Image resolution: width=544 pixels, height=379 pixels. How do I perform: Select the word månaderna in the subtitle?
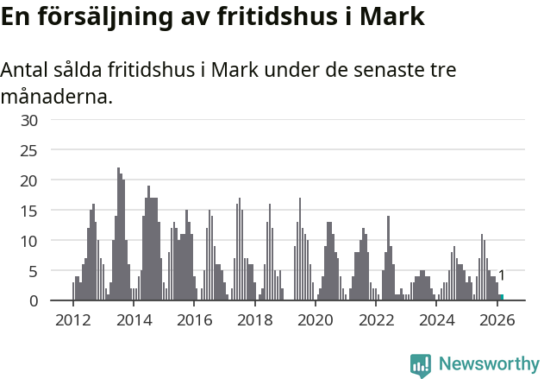[56, 96]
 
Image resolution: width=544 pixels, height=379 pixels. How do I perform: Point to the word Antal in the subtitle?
[28, 70]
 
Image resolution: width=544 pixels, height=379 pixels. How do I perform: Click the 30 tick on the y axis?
[29, 120]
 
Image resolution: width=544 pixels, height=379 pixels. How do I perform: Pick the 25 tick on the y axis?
[29, 150]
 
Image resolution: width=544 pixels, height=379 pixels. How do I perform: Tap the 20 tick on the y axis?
[29, 180]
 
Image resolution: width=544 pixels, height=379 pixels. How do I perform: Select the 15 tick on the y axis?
[29, 211]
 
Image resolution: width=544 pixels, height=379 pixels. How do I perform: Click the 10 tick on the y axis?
[29, 241]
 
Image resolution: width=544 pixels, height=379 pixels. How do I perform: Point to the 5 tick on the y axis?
[34, 271]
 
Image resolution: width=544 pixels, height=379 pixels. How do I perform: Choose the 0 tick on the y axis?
[34, 300]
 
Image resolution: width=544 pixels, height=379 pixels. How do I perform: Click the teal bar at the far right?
[501, 297]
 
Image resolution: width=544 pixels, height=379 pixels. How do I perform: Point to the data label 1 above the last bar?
[501, 276]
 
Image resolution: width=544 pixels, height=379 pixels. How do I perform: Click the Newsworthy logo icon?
[421, 365]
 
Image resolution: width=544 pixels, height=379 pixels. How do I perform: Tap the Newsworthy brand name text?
[488, 364]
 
